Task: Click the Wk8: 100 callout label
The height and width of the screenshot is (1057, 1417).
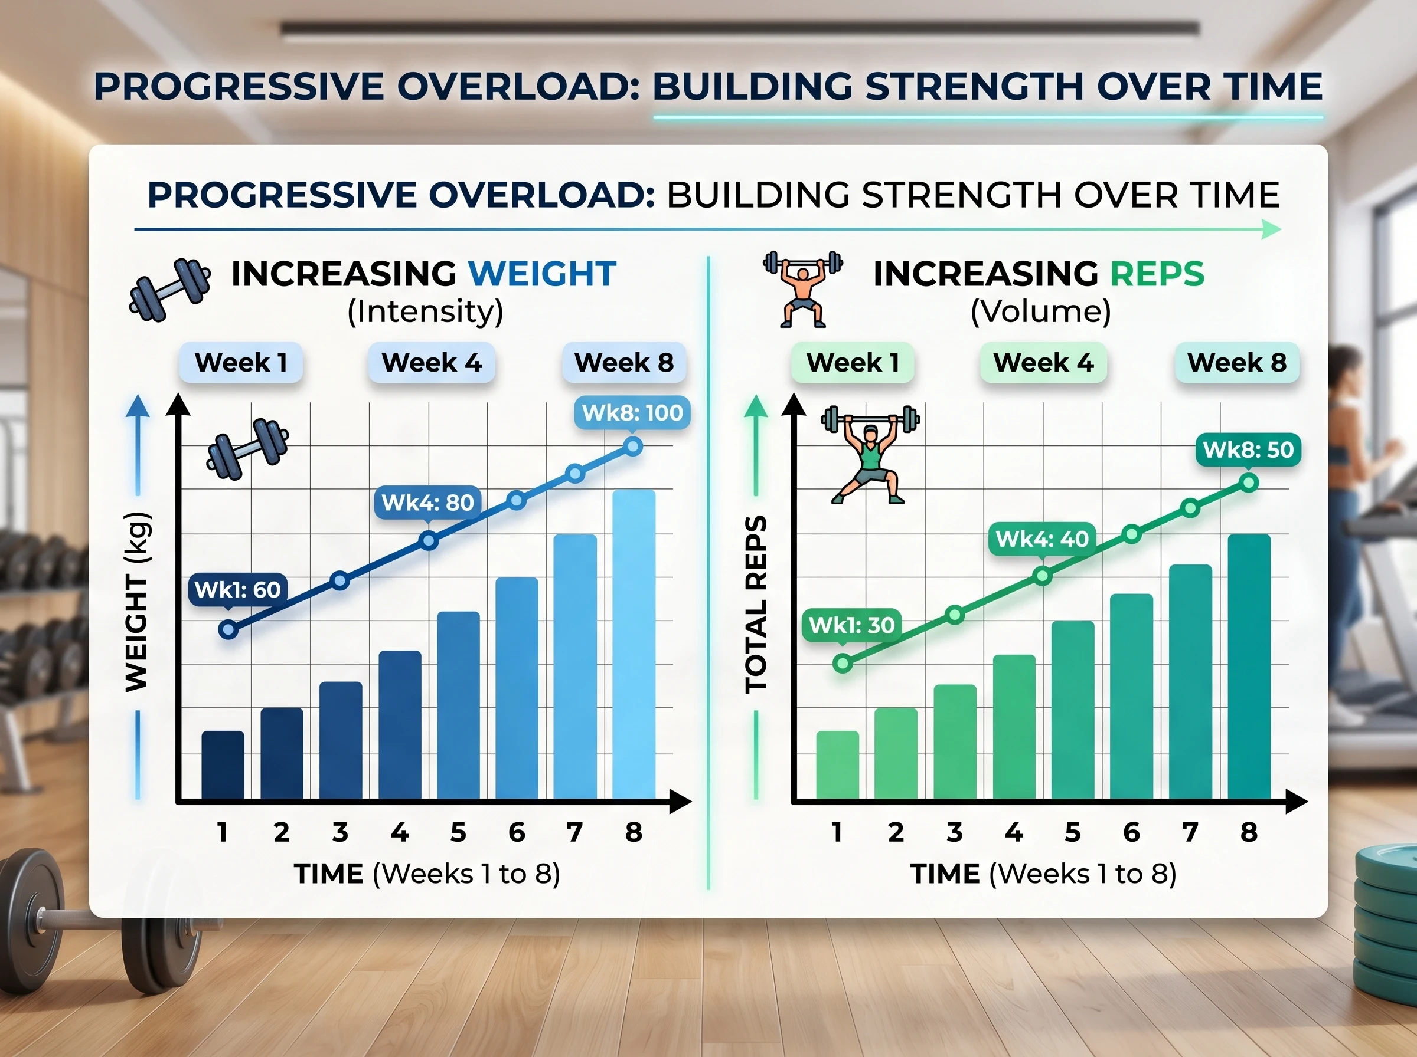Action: [x=632, y=413]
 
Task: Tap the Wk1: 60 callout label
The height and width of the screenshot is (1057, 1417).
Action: [x=237, y=589]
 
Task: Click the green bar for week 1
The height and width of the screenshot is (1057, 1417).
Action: [x=838, y=764]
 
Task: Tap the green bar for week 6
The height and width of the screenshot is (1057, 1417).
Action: [x=1131, y=696]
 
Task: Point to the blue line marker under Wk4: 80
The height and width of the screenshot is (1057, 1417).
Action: [x=429, y=541]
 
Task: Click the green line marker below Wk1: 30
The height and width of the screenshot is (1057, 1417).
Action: [x=843, y=664]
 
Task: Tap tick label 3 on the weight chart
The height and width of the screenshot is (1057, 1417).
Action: [x=340, y=832]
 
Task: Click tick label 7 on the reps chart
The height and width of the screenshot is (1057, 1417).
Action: [x=1190, y=832]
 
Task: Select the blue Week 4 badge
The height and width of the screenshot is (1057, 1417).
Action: [x=432, y=363]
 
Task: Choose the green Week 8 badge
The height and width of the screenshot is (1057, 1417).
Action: [x=1236, y=363]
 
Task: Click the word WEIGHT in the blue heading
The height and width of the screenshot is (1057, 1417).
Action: [x=541, y=274]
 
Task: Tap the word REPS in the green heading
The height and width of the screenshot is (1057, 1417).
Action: [x=1157, y=274]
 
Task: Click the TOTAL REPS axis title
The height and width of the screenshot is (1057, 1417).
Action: [x=756, y=604]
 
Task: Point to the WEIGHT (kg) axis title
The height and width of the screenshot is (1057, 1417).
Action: [x=137, y=602]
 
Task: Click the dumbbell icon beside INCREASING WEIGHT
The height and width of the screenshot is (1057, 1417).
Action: [x=169, y=290]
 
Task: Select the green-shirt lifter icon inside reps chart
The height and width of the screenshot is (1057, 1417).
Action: [x=870, y=455]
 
